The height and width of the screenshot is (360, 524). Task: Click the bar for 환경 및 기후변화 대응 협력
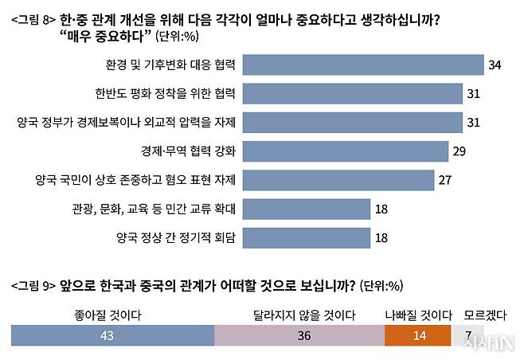[x=363, y=65]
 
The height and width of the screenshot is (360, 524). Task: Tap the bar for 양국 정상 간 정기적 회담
[x=307, y=237]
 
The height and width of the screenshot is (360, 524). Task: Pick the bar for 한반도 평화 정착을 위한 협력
[x=353, y=93]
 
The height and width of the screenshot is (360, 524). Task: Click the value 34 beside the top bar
[x=495, y=65]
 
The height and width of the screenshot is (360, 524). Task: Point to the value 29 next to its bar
[x=459, y=151]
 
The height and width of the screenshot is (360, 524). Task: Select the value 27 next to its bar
[x=444, y=179]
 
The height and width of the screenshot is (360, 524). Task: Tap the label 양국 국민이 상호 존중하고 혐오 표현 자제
[x=131, y=179]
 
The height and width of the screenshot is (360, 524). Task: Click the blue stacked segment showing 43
[x=112, y=336]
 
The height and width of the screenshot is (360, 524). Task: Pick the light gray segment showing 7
[x=470, y=336]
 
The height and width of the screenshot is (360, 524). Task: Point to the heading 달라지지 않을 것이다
[x=303, y=315]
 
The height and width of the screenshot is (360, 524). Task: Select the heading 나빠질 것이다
[x=414, y=315]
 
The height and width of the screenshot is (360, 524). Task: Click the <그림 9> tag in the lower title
[x=33, y=286]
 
